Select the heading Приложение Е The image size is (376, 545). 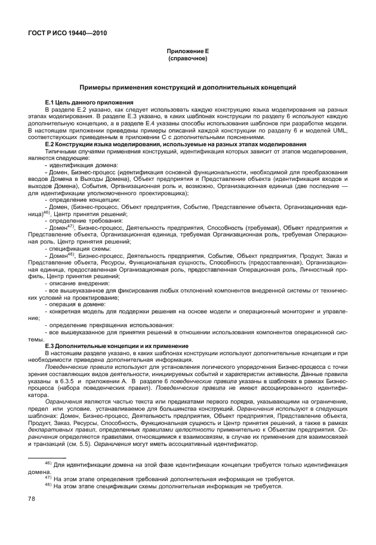(x=187, y=52)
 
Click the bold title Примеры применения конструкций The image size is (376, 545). (x=187, y=87)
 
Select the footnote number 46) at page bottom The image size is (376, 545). (x=49, y=463)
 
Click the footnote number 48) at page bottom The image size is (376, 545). (x=49, y=485)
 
